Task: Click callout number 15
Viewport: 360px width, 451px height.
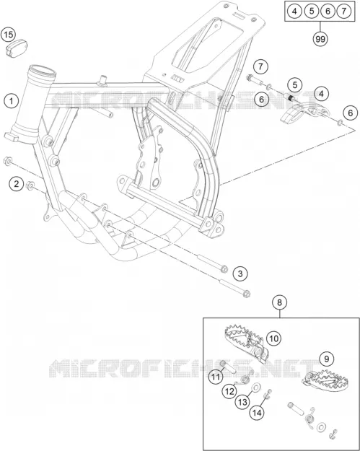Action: tap(9, 35)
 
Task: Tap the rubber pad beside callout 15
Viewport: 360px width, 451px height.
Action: tap(17, 48)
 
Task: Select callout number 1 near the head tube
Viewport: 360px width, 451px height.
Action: tap(12, 101)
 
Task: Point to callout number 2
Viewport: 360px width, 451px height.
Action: tap(16, 183)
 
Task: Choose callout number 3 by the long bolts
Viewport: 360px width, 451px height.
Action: tap(240, 273)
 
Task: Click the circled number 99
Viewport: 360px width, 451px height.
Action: tap(320, 38)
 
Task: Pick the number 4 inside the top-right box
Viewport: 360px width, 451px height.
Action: tap(294, 12)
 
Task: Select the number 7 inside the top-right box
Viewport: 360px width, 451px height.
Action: tap(343, 12)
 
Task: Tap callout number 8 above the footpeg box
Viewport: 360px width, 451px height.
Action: tap(279, 302)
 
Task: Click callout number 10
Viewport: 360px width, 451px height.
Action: tap(273, 338)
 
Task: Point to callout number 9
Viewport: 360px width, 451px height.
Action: tap(327, 359)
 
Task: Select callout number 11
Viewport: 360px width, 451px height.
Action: tap(216, 377)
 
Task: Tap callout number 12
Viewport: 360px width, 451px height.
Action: tap(229, 391)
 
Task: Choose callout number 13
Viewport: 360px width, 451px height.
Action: tap(242, 402)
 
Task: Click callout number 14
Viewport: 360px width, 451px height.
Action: tap(257, 413)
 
